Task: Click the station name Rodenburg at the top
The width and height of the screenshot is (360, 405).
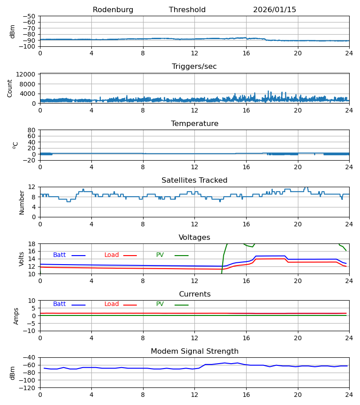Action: click(x=113, y=10)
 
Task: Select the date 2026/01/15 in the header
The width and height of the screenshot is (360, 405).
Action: click(x=274, y=10)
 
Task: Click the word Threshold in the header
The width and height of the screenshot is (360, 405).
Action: click(x=187, y=10)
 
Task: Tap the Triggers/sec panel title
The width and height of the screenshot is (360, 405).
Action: click(x=194, y=67)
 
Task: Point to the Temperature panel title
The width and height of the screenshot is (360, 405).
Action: click(x=194, y=124)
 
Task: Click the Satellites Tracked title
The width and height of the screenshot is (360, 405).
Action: click(x=194, y=180)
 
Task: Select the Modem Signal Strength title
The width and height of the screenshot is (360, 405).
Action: click(x=194, y=351)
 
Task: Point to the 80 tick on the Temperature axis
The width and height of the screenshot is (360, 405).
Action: click(x=31, y=130)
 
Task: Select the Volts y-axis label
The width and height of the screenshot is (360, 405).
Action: click(x=22, y=259)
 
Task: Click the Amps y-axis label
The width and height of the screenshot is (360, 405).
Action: click(x=16, y=316)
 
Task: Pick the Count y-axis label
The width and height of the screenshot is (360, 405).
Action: click(x=10, y=88)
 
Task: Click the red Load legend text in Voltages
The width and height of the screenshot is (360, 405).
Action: click(x=112, y=255)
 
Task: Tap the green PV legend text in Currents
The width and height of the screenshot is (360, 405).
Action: click(x=160, y=304)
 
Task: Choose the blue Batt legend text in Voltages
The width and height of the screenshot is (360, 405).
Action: click(x=59, y=255)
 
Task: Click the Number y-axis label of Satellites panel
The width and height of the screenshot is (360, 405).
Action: click(x=22, y=202)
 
